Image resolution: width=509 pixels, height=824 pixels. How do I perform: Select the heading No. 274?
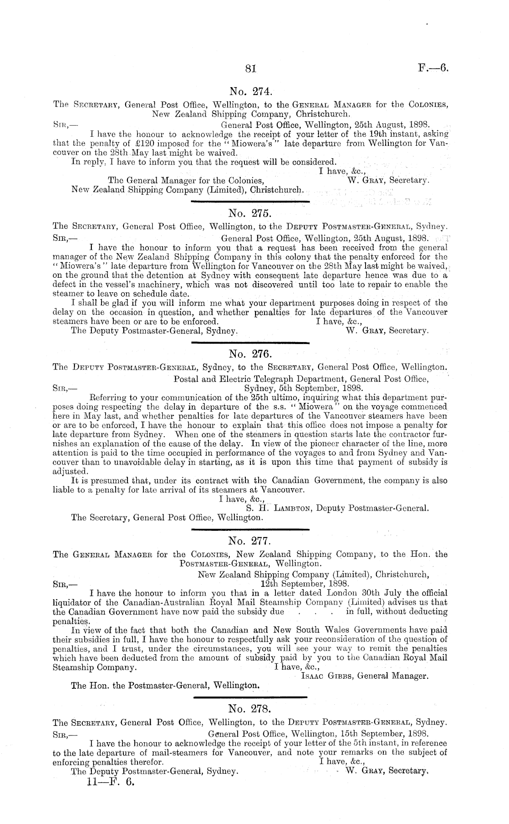tap(249, 92)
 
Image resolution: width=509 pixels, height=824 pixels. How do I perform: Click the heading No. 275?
tap(249, 213)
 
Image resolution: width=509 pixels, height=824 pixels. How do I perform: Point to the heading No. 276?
tap(249, 354)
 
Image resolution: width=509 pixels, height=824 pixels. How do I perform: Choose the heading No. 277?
tap(249, 542)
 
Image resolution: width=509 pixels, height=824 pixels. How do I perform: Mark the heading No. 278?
tap(249, 709)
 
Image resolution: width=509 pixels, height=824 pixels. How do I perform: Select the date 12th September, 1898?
tap(305, 583)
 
